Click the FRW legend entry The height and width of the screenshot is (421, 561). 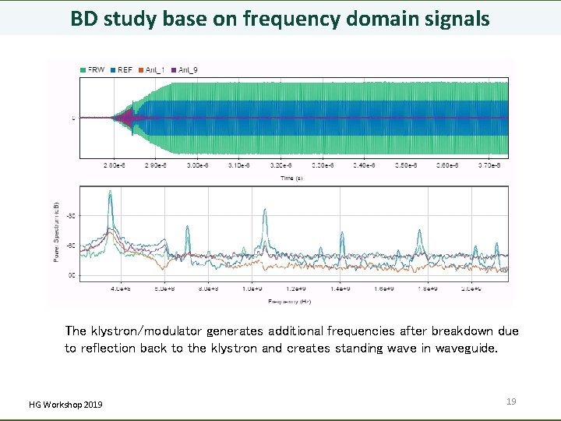click(x=93, y=70)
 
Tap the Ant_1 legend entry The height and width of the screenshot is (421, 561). click(x=152, y=70)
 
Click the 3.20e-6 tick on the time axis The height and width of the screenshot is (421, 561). click(x=279, y=166)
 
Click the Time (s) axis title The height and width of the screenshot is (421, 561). click(x=293, y=178)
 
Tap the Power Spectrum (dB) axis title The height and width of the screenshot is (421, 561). click(x=56, y=231)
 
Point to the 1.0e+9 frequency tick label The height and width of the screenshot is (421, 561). click(x=252, y=288)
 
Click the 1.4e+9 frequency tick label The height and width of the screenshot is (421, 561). click(x=340, y=288)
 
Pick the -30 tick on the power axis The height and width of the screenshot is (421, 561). click(x=71, y=216)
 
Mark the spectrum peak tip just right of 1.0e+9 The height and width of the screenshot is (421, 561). click(x=266, y=209)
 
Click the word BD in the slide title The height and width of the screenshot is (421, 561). click(x=85, y=18)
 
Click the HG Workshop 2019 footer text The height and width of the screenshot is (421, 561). click(x=65, y=404)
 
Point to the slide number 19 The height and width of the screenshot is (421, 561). click(x=511, y=402)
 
